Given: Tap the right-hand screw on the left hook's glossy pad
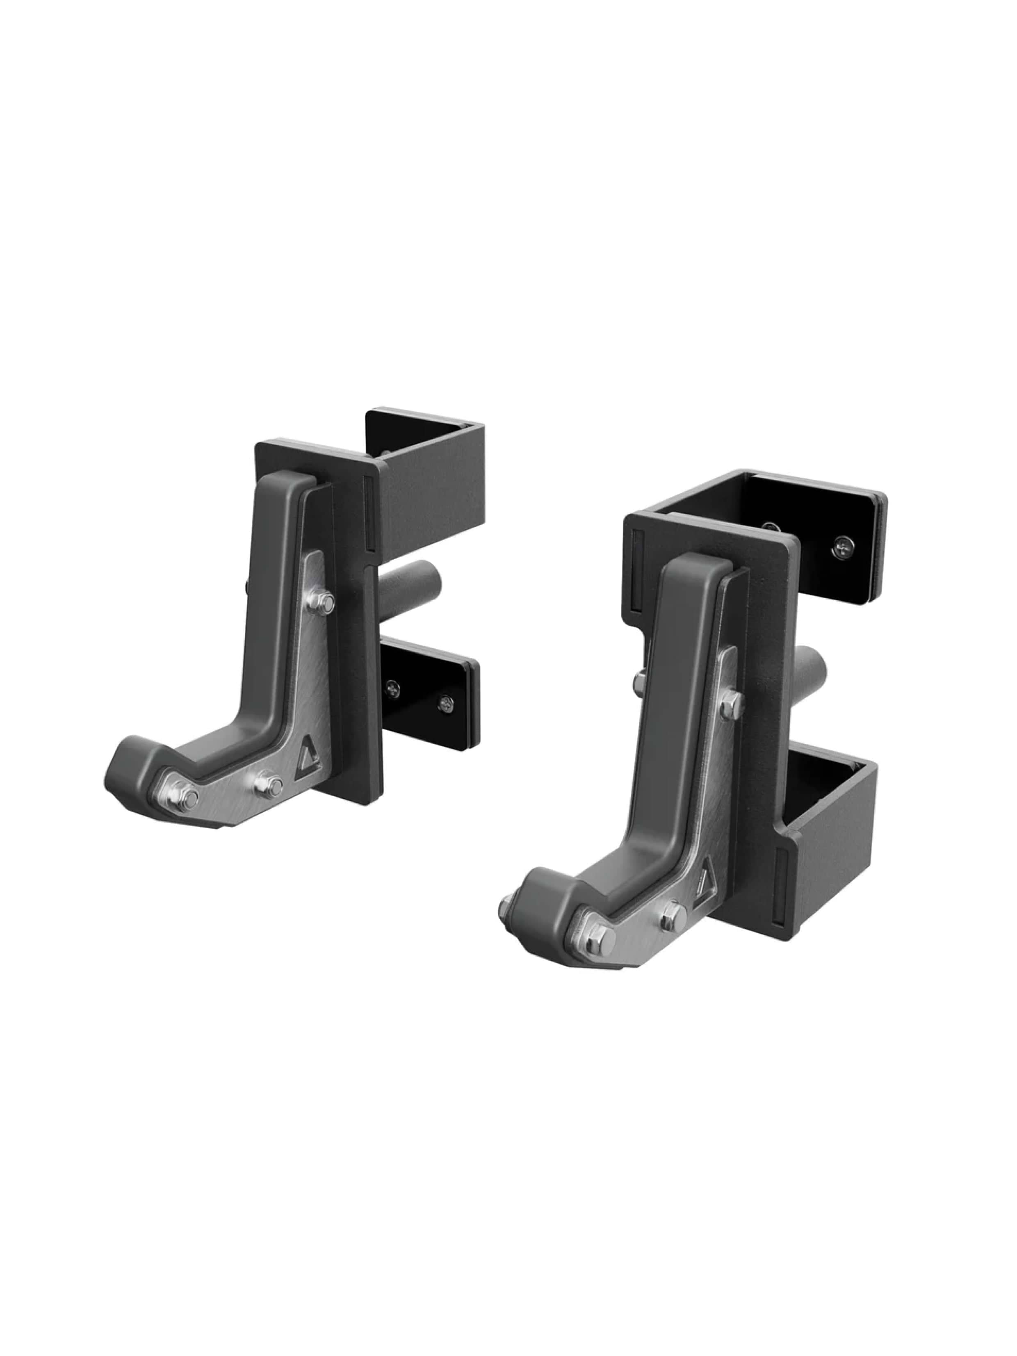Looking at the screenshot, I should (446, 704).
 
